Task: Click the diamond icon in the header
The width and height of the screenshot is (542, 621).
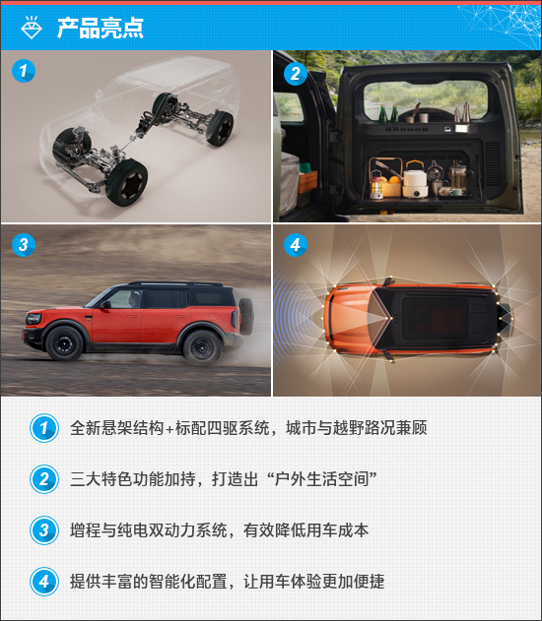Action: [x=32, y=28]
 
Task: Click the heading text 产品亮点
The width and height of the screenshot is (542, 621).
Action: [x=100, y=29]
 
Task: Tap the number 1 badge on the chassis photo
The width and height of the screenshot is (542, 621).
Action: [x=24, y=71]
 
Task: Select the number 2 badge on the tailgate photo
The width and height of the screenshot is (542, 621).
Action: [x=296, y=74]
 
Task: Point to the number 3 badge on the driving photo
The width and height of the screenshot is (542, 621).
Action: [x=24, y=244]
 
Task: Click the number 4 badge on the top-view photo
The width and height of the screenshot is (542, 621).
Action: [x=296, y=245]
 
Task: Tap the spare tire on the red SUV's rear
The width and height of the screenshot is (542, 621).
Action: [x=246, y=316]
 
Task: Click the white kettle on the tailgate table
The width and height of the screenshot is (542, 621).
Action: [x=415, y=179]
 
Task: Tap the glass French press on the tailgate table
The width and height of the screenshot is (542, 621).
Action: [x=459, y=177]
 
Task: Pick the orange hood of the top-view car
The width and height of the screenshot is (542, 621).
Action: [x=352, y=318]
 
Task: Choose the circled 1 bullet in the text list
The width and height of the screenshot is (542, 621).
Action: [x=44, y=428]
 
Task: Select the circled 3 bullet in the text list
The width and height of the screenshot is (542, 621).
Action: [x=44, y=530]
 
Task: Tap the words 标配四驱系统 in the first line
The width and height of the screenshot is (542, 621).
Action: [x=222, y=428]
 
